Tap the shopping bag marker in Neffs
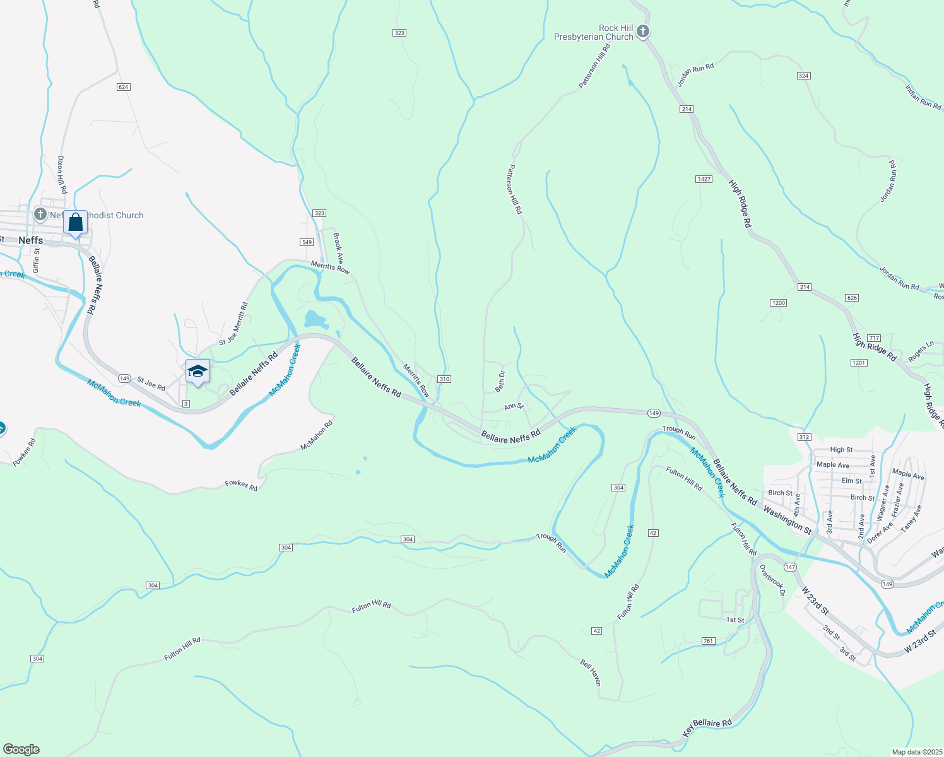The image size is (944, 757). coord(75,223)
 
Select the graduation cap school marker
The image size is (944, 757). coord(198,372)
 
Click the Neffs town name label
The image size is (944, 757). coord(31,240)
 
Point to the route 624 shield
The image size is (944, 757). coord(124,87)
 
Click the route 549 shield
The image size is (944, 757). coord(307,242)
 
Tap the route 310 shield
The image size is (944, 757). coord(444,379)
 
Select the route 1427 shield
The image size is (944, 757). coord(704,179)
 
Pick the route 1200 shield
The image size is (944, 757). coord(779,303)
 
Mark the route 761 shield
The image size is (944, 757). coord(708,641)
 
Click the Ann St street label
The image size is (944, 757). coord(514,407)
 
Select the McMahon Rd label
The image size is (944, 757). coord(316,435)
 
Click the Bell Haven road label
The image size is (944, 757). coord(591,672)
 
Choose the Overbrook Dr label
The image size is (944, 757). coord(772,580)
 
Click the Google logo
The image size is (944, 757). coord(21,749)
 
